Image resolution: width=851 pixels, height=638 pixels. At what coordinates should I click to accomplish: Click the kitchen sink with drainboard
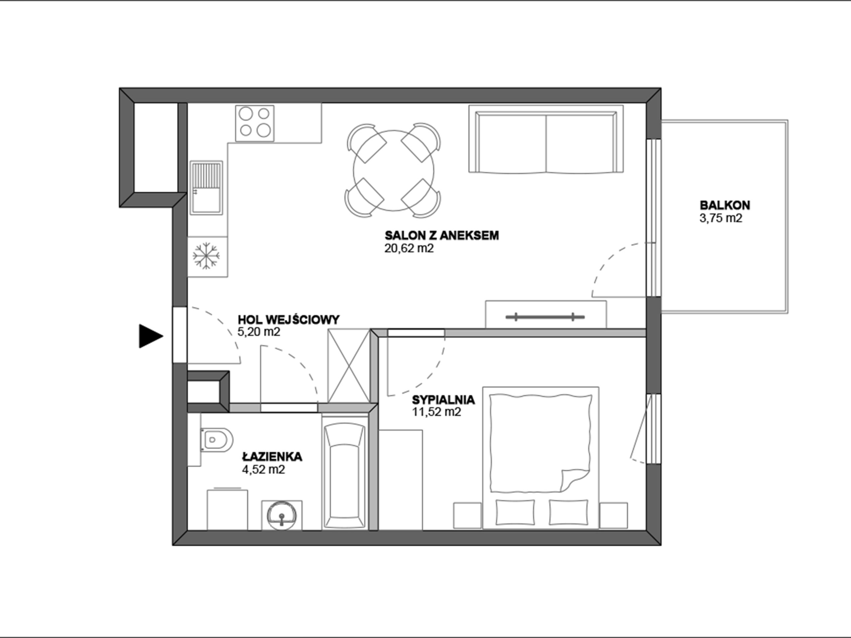206,187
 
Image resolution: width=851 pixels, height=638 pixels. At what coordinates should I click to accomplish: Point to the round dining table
393,170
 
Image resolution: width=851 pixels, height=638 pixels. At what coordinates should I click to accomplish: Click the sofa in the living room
546,139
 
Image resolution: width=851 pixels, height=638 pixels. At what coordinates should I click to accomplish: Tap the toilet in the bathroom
217,440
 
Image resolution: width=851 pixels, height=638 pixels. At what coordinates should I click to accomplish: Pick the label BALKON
725,205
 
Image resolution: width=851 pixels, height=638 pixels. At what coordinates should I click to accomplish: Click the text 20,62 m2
409,249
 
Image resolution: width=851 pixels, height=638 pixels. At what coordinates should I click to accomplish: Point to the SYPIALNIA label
443,400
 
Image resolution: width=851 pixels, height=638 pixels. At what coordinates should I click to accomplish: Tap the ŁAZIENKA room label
272,457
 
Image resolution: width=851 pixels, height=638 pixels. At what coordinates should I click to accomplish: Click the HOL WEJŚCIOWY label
289,320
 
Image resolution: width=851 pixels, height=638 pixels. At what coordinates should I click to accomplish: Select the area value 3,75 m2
721,218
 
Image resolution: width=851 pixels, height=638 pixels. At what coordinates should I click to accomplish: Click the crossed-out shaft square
349,366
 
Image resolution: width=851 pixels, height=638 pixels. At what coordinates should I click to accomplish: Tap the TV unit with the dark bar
546,315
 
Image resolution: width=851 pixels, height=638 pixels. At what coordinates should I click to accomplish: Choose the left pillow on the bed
515,512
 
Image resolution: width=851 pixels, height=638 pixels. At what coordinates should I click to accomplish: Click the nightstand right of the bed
613,515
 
